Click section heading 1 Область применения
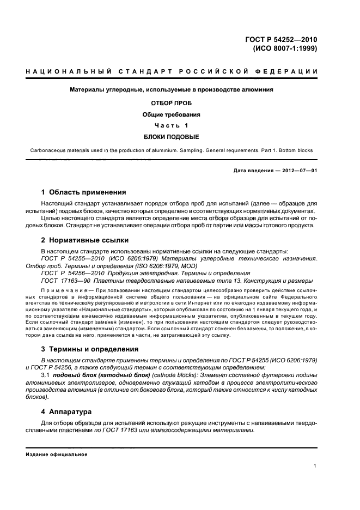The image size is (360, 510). pos(84,192)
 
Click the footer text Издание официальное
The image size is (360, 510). pos(53,454)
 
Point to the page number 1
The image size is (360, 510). pos(315,466)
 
